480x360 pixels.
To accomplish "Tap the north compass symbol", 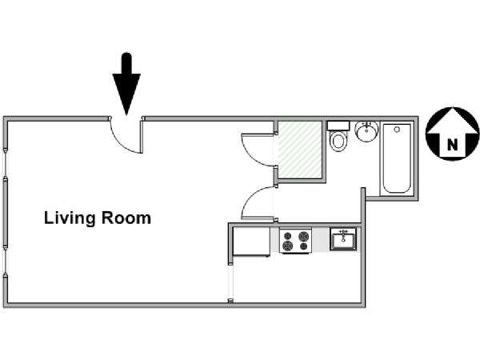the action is [453, 133].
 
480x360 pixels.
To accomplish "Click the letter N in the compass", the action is [453, 144].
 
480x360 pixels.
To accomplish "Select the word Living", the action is [70, 218].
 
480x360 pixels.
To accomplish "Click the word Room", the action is [126, 218].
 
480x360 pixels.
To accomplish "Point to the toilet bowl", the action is [338, 142].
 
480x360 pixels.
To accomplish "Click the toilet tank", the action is [338, 126].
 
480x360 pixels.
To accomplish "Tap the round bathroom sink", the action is [367, 131].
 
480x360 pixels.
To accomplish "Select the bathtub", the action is [397, 158].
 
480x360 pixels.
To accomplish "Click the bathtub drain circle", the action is [397, 130].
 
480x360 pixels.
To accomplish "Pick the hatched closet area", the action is [300, 150].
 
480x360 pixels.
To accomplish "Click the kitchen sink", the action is [343, 239].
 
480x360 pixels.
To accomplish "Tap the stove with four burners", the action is [296, 240].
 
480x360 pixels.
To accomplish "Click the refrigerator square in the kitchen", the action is [252, 241].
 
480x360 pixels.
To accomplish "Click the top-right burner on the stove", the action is [303, 236].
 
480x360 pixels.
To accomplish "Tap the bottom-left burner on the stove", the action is [287, 246].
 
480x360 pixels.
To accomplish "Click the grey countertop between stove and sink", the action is [321, 240].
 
